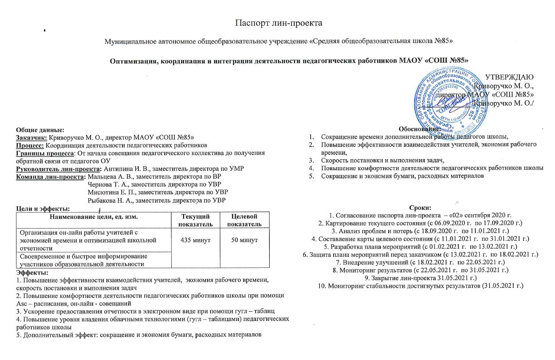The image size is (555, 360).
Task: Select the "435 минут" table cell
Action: click(x=196, y=240)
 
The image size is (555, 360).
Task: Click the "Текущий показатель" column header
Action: click(x=196, y=220)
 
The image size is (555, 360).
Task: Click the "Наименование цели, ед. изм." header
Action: click(x=94, y=216)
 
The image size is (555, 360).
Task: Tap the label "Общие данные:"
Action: click(x=40, y=130)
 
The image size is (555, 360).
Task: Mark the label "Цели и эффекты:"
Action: click(x=43, y=209)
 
